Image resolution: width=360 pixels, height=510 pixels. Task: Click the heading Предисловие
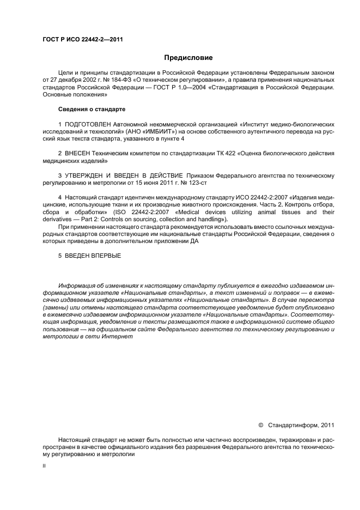click(x=188, y=57)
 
